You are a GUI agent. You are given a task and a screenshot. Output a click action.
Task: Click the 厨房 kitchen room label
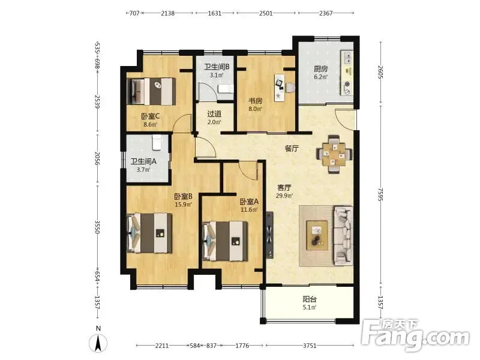pyautogui.click(x=320, y=69)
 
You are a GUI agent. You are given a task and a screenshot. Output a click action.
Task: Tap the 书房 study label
pyautogui.click(x=255, y=101)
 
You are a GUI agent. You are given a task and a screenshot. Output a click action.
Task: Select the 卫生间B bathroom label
pyautogui.click(x=217, y=67)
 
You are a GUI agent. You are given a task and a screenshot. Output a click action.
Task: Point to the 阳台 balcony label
pyautogui.click(x=310, y=299)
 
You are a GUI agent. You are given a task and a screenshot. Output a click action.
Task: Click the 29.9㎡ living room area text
pyautogui.click(x=284, y=196)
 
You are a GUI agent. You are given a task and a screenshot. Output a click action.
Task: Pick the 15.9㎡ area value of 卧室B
pyautogui.click(x=183, y=204)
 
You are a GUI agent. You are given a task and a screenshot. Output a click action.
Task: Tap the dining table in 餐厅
pyautogui.click(x=334, y=154)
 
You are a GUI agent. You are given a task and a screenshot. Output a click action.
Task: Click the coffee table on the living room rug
pyautogui.click(x=317, y=233)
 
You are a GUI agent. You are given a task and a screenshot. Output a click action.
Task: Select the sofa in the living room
pyautogui.click(x=343, y=236)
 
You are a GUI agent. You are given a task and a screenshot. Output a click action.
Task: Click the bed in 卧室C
pyautogui.click(x=151, y=91)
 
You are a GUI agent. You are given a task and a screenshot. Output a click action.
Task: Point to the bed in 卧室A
pyautogui.click(x=225, y=241)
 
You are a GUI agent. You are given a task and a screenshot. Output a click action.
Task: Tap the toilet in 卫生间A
pyautogui.click(x=157, y=142)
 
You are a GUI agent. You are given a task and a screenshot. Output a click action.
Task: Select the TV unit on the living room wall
pyautogui.click(x=269, y=235)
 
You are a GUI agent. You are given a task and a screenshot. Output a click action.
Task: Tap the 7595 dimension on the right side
pyautogui.click(x=380, y=194)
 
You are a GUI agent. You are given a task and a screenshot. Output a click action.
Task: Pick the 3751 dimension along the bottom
pyautogui.click(x=310, y=346)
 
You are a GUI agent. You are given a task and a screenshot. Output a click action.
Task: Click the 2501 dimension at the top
pyautogui.click(x=266, y=13)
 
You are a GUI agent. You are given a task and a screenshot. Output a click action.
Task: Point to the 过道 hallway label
pyautogui.click(x=214, y=114)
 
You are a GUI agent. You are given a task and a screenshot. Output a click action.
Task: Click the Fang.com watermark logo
pyautogui.click(x=415, y=336)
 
